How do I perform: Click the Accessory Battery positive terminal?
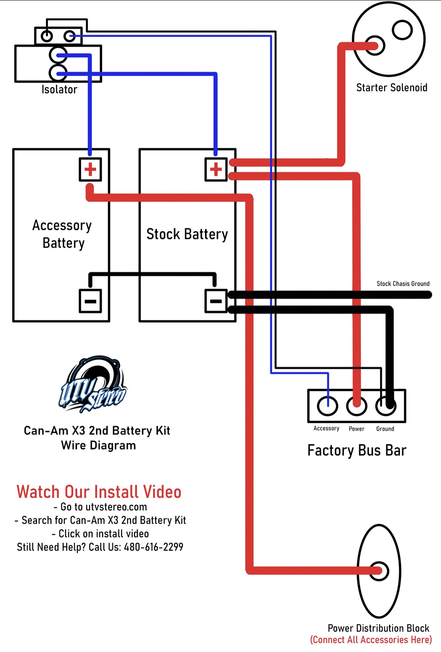tap(90, 169)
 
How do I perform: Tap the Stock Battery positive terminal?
tap(216, 169)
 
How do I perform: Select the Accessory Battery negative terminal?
tap(90, 301)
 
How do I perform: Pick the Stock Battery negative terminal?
tap(216, 301)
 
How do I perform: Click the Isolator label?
tap(59, 90)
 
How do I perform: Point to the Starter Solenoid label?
tap(392, 88)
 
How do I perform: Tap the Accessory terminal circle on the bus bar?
tap(327, 406)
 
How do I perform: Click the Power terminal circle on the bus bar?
tap(357, 406)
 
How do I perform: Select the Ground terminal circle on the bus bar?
tap(386, 406)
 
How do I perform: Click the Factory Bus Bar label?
tap(357, 451)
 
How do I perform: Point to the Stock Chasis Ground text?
tap(403, 284)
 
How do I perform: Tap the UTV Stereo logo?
tap(93, 384)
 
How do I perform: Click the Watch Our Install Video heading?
tap(99, 492)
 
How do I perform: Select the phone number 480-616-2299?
tap(153, 547)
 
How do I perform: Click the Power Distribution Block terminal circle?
tap(379, 571)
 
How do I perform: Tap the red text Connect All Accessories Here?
tap(371, 640)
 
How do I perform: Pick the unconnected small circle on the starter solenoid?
tap(402, 30)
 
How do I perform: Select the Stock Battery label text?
tap(187, 235)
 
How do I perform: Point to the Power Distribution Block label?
tap(378, 628)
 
